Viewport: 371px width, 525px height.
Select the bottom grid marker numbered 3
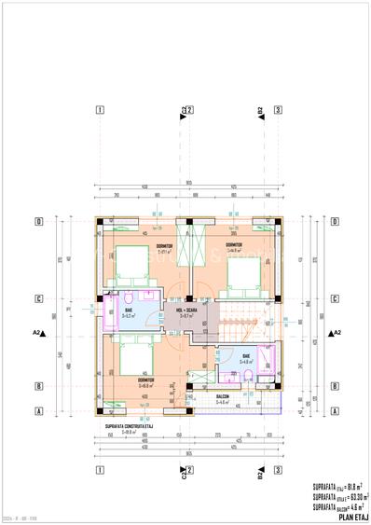(278, 470)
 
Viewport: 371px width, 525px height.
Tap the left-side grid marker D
(38, 222)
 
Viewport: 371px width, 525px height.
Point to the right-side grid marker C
(334, 299)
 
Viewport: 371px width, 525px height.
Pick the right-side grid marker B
(334, 385)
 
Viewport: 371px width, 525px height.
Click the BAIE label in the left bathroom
(130, 311)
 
